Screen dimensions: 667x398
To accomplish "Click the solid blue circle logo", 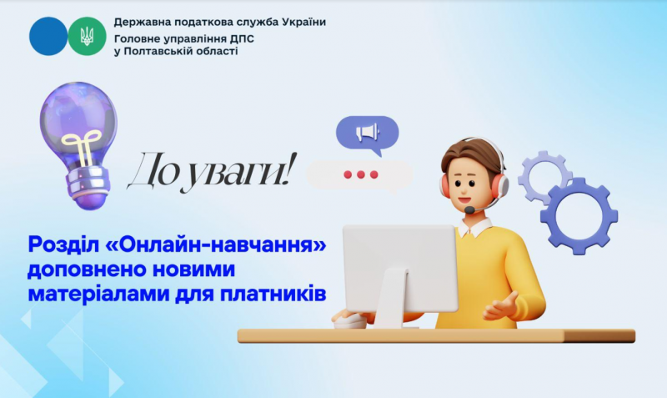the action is click(48, 36).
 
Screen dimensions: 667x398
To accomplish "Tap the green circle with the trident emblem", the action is click(88, 36).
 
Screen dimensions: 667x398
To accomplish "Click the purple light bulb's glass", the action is click(78, 121).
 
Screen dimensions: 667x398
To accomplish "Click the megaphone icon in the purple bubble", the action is click(367, 132).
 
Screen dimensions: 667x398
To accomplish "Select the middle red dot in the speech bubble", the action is click(361, 174).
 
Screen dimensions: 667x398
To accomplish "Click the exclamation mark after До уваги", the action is click(288, 169).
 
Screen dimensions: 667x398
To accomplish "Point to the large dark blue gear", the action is click(579, 216).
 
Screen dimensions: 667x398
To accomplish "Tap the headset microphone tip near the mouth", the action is click(469, 210).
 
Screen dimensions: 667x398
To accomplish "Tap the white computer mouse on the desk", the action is click(349, 322).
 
